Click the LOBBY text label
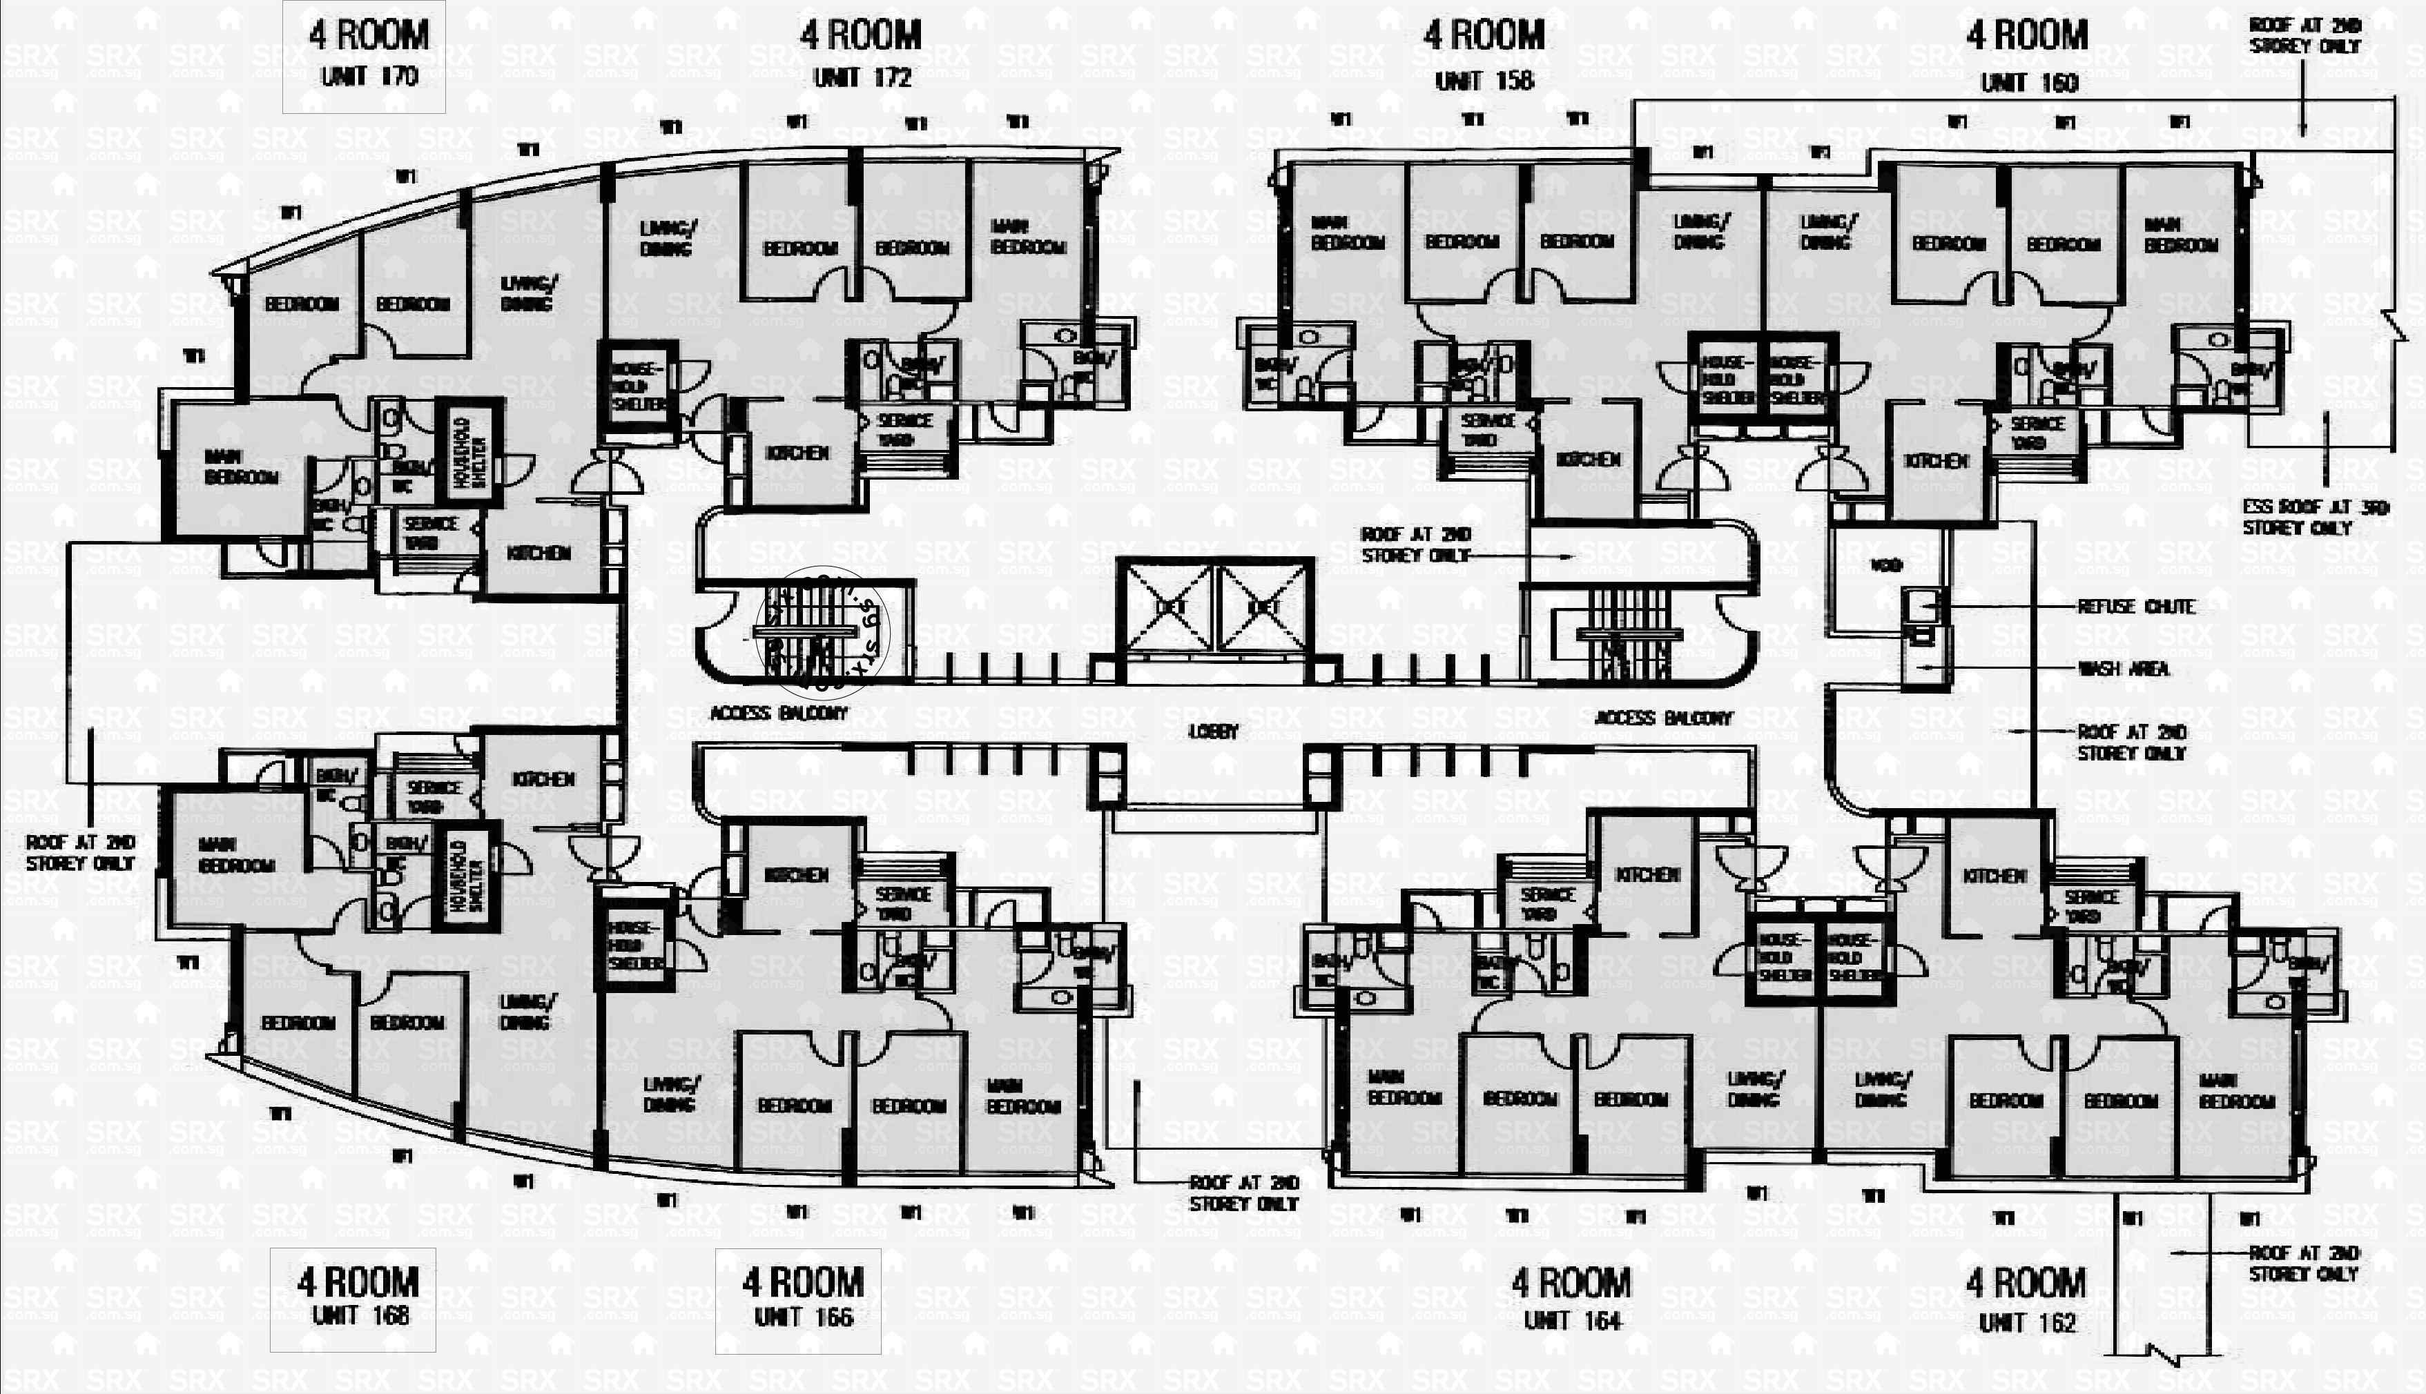tap(1214, 732)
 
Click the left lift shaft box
tap(1167, 607)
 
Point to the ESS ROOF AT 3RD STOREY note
tap(2314, 517)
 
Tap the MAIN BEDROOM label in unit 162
tap(2236, 1092)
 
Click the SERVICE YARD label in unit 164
tap(1546, 904)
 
